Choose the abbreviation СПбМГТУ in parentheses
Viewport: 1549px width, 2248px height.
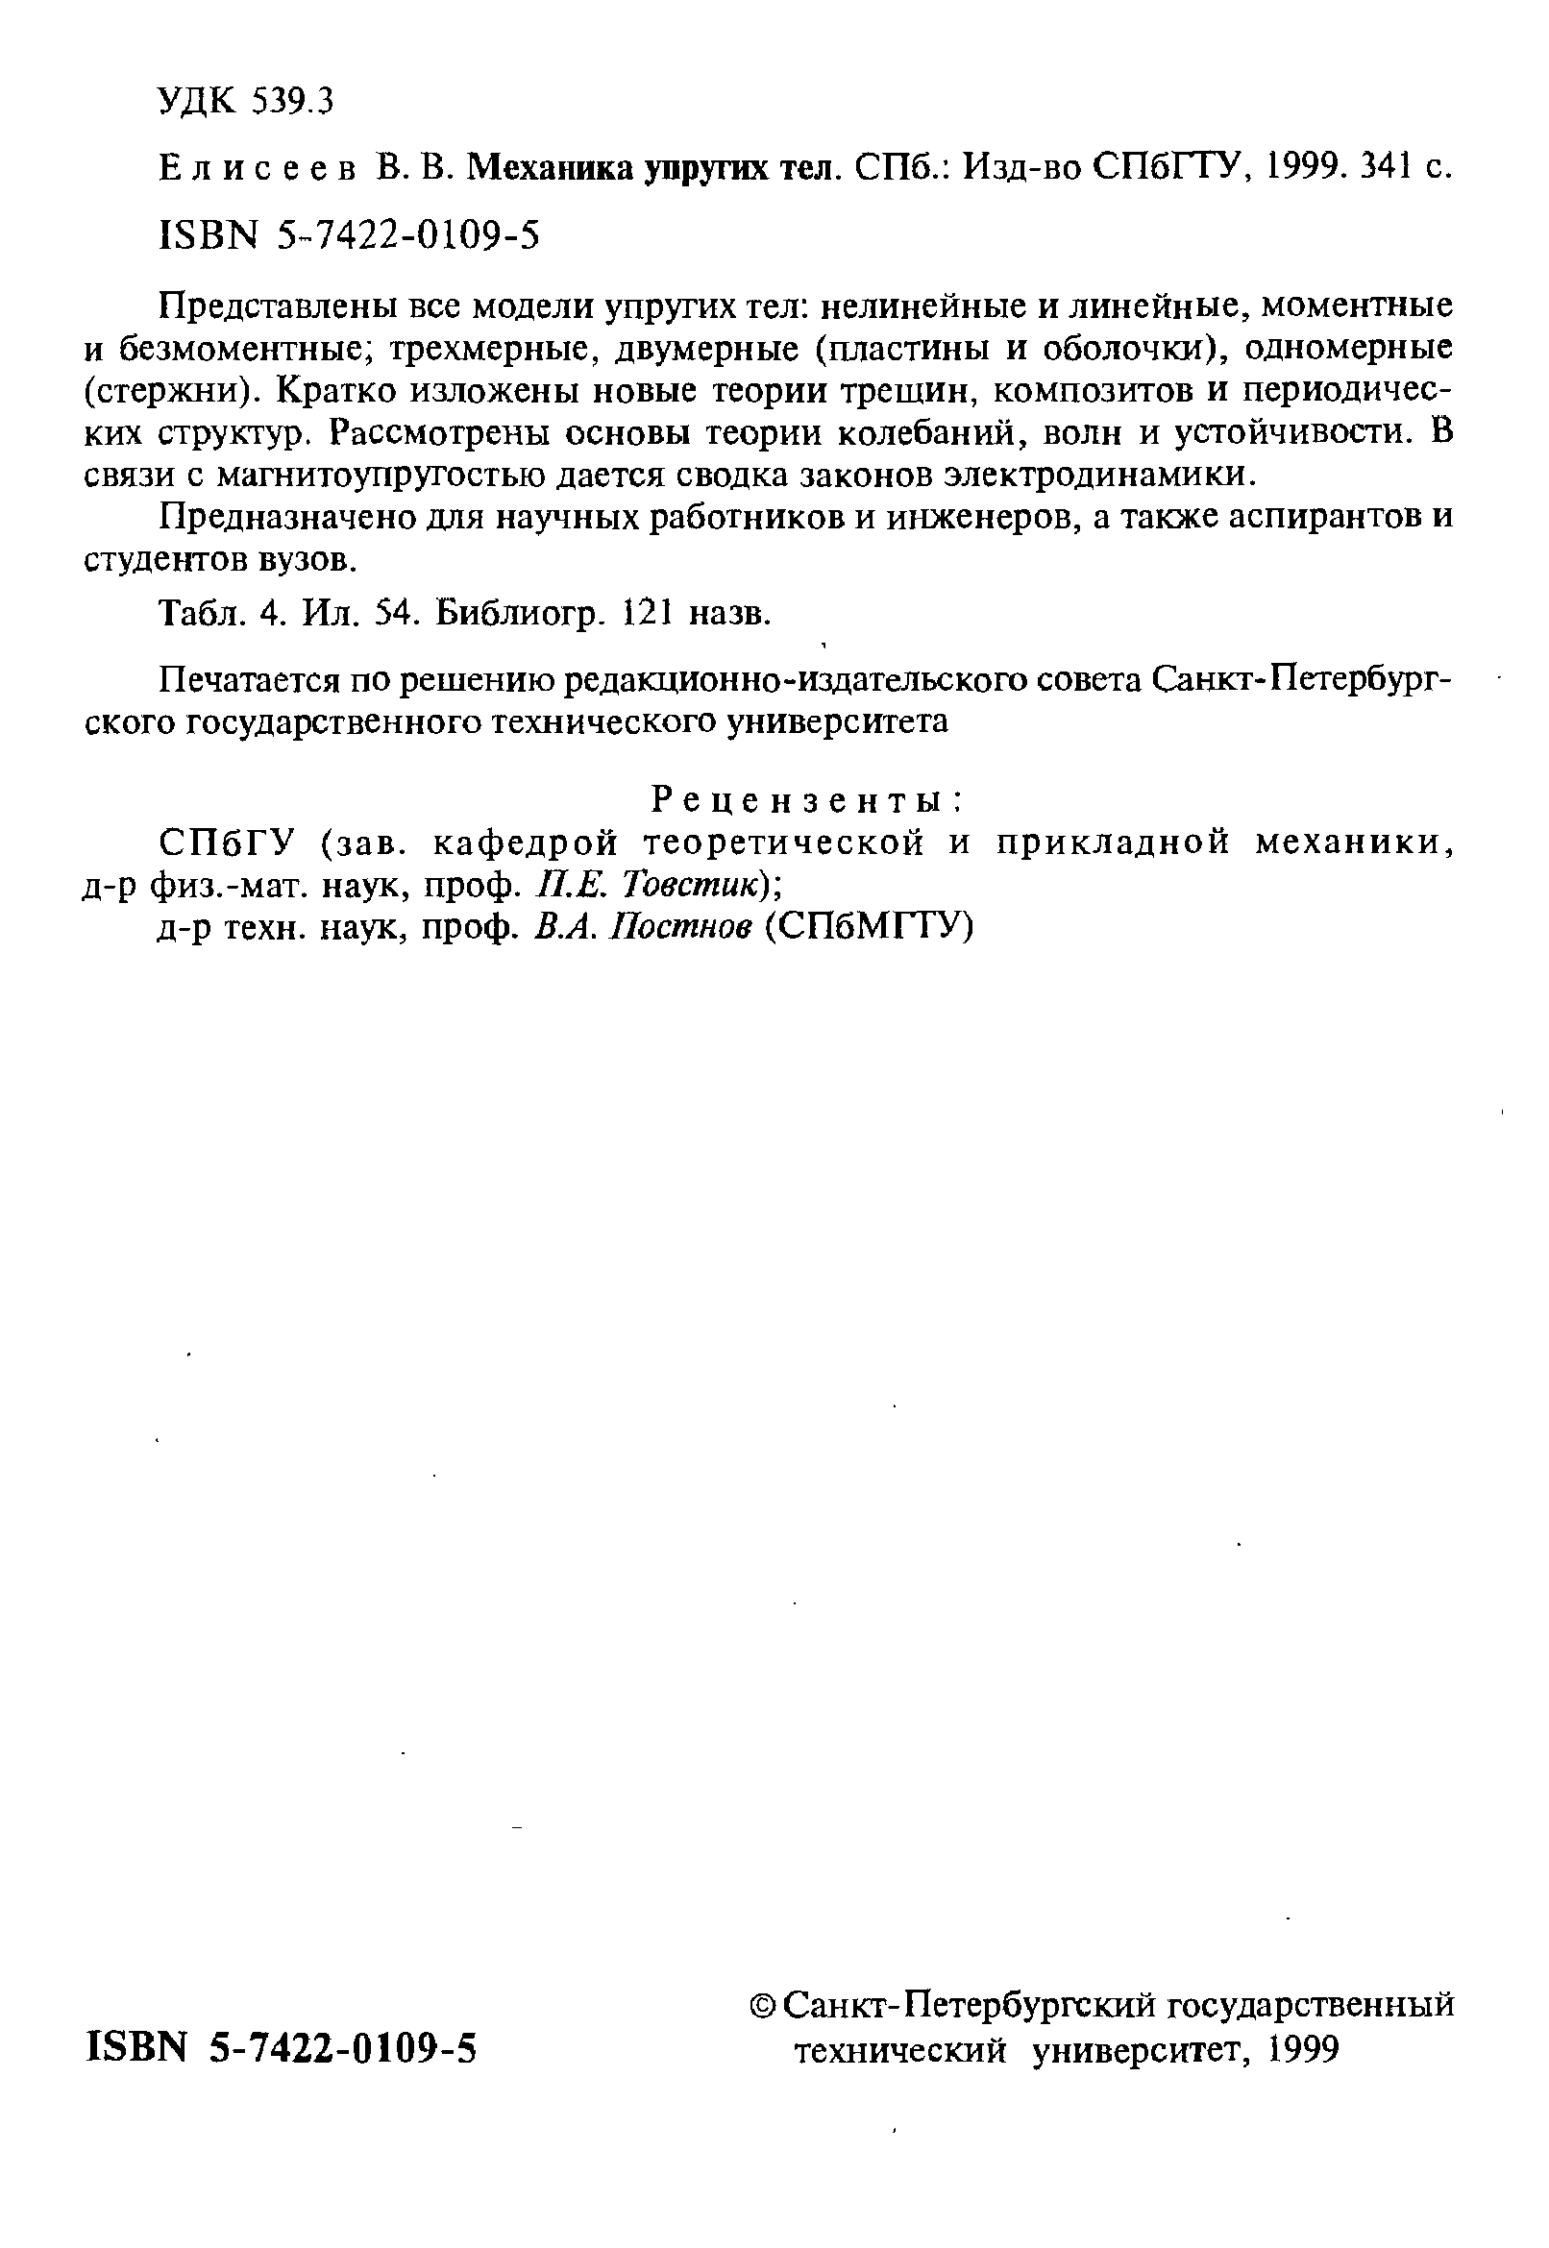point(869,927)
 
